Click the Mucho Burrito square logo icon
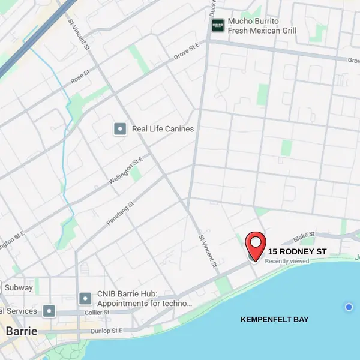[217, 25]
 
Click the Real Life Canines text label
[163, 128]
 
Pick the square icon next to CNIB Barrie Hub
[85, 298]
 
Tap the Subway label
[19, 287]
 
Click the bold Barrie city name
[21, 331]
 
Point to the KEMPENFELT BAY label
[274, 319]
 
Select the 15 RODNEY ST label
[298, 251]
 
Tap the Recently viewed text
[287, 261]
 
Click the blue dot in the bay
[349, 307]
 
